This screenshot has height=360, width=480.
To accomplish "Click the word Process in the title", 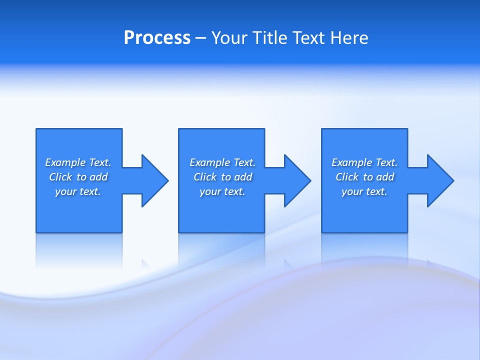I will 157,38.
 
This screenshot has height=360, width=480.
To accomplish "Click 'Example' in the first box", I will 65,162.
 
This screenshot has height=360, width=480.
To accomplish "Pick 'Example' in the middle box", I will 209,162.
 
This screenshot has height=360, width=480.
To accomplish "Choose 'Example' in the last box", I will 351,162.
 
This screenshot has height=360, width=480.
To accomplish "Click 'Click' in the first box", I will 60,177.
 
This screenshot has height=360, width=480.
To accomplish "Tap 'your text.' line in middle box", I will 222,191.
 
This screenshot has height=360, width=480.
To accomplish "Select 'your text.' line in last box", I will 364,191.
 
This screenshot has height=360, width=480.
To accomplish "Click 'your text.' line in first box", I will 78,191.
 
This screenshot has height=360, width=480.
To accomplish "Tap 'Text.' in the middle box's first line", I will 244,162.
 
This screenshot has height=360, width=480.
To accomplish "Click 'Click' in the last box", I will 347,177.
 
